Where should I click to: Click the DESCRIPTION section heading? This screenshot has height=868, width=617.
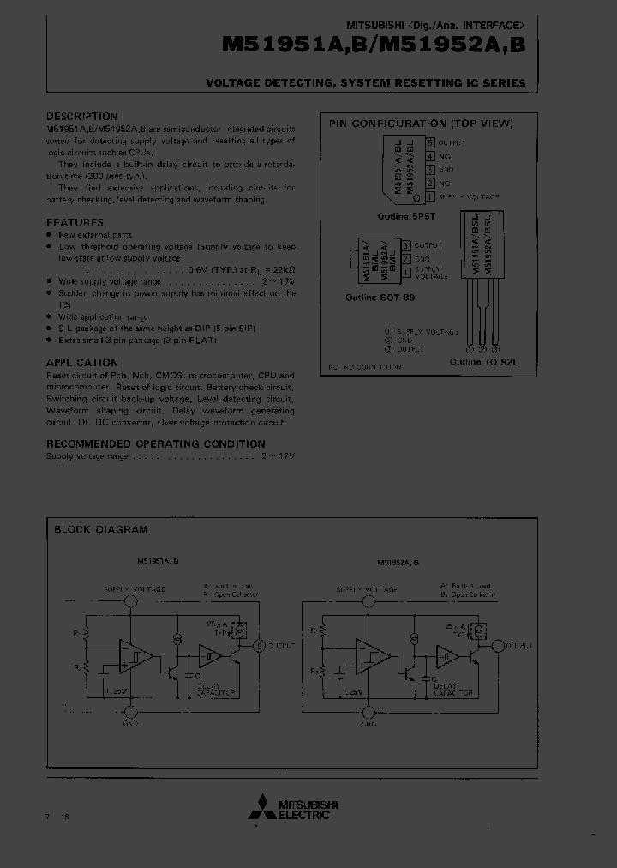tap(81, 117)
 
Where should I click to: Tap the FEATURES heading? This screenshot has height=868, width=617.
tap(75, 222)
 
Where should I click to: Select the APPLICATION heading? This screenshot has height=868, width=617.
tap(81, 363)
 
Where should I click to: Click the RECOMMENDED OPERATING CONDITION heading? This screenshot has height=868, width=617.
tap(155, 443)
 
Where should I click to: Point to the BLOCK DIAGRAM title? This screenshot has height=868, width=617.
tap(100, 529)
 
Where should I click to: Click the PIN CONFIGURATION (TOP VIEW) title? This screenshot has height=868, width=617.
tap(421, 124)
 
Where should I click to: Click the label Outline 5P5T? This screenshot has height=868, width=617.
tap(405, 218)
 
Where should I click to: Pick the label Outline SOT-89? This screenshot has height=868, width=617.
tap(380, 297)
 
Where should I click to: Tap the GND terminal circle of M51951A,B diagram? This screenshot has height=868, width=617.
tap(130, 711)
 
